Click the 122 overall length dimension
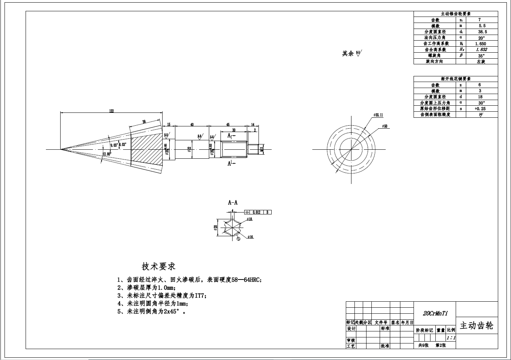click(x=111, y=111)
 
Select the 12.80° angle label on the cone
click(x=107, y=154)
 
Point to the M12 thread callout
click(x=261, y=150)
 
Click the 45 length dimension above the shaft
click(x=228, y=125)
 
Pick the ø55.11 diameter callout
click(x=378, y=115)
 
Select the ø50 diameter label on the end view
click(x=385, y=126)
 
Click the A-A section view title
click(x=233, y=202)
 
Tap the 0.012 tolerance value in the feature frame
click(x=256, y=212)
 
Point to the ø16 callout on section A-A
click(x=251, y=237)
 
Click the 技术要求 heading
click(x=158, y=266)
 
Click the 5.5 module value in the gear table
click(x=482, y=26)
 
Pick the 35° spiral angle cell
click(x=481, y=55)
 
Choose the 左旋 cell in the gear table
click(x=481, y=61)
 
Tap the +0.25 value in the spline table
click(x=480, y=108)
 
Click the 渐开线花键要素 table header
click(x=455, y=79)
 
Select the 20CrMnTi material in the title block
click(x=435, y=313)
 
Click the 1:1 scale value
click(x=451, y=338)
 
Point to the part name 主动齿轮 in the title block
click(x=476, y=325)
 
